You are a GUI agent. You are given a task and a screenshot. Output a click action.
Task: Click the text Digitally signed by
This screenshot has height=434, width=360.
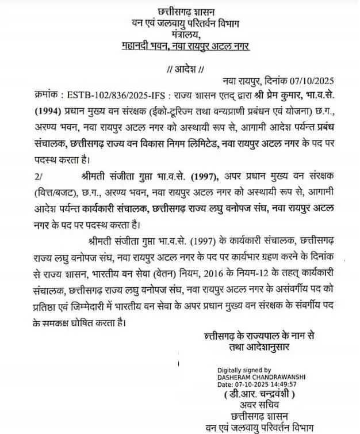pos(244,370)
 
